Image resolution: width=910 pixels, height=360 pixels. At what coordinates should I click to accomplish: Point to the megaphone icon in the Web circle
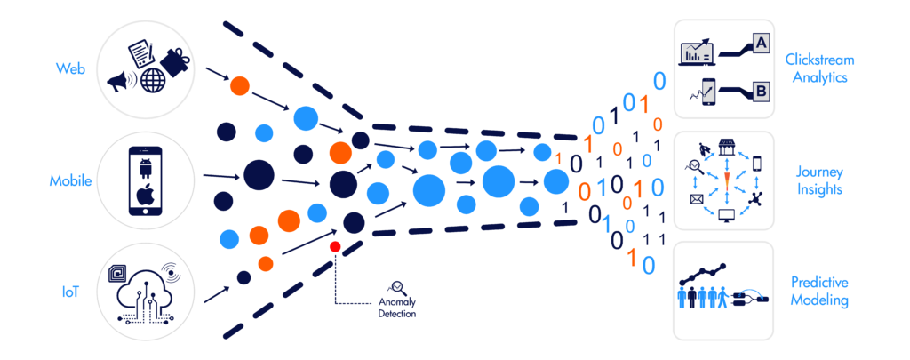(120, 82)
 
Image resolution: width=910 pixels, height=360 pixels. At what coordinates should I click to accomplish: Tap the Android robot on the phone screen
(148, 166)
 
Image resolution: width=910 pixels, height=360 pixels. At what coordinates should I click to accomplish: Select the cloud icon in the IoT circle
(148, 284)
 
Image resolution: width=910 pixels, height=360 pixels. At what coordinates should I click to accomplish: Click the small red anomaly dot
(335, 246)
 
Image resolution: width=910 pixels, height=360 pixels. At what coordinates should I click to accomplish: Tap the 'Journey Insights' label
(818, 180)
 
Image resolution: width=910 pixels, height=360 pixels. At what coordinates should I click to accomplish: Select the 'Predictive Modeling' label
(818, 291)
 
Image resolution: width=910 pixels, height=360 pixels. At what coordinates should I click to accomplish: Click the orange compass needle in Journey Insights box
(727, 181)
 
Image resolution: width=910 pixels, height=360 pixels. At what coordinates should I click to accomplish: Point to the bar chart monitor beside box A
(698, 53)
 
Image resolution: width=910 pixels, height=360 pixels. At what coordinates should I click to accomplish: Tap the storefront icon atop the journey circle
(727, 148)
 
